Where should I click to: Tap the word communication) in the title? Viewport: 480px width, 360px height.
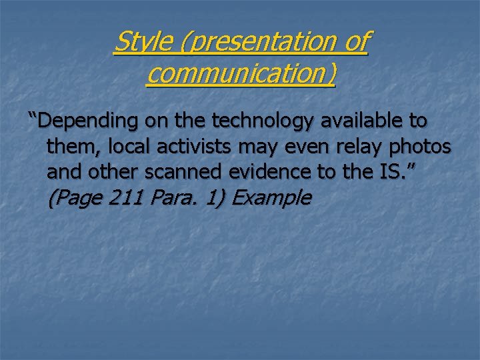pyautogui.click(x=241, y=74)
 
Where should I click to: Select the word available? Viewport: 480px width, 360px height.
pyautogui.click(x=363, y=121)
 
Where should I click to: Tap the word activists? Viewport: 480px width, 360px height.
pyautogui.click(x=195, y=147)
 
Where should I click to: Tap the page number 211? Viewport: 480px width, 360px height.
pyautogui.click(x=122, y=197)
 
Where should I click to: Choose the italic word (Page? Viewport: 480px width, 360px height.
pyautogui.click(x=73, y=197)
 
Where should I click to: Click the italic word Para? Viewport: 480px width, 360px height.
pyautogui.click(x=167, y=197)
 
